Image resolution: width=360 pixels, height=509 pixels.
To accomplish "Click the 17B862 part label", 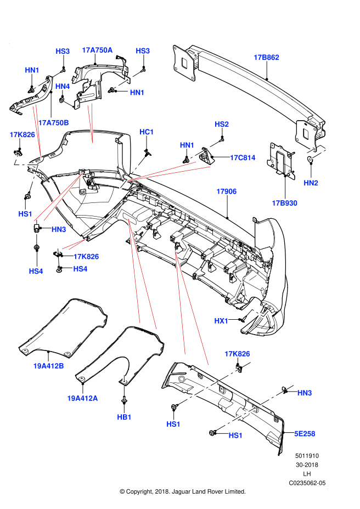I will click(267, 57).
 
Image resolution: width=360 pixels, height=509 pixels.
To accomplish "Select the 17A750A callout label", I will click(97, 50).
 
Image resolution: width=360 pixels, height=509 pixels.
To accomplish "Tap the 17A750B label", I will click(54, 122).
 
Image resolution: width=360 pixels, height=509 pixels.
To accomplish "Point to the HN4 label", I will click(63, 86).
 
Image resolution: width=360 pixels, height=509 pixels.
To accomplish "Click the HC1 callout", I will click(147, 132).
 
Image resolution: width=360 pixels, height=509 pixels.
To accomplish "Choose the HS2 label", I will click(221, 124).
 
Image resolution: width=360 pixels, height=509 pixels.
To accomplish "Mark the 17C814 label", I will click(243, 158).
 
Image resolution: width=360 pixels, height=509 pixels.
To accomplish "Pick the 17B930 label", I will click(284, 203).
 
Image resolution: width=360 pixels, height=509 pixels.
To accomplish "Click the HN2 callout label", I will click(311, 183).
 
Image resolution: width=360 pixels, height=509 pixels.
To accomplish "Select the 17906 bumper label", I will click(226, 191).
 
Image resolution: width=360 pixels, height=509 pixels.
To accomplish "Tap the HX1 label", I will click(221, 320).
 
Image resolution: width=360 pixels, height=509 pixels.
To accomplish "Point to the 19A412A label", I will click(82, 398).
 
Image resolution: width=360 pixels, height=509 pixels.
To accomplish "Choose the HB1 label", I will click(125, 417).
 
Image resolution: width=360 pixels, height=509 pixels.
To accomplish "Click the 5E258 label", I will click(305, 433).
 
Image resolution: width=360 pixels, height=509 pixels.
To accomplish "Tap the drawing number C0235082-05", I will click(307, 483).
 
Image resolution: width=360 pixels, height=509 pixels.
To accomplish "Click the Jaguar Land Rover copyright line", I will click(182, 491).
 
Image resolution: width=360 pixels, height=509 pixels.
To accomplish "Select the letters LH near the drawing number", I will click(307, 474).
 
